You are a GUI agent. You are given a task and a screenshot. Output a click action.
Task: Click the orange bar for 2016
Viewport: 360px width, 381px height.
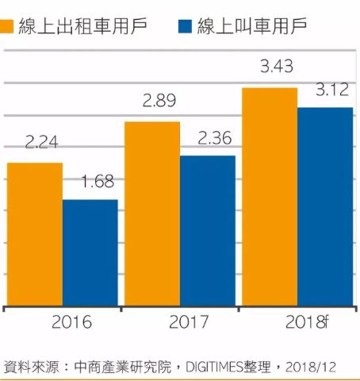[x=35, y=234]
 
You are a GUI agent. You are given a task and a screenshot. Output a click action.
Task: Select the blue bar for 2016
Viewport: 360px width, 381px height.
[x=90, y=253]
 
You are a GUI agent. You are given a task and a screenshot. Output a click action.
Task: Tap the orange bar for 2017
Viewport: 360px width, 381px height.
[x=152, y=214]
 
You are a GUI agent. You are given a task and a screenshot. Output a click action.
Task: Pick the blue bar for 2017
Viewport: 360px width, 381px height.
[x=208, y=231]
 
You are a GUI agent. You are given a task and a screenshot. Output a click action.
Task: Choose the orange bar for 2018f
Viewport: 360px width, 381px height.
[x=270, y=197]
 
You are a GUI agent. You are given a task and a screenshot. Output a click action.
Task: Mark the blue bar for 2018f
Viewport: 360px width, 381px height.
[x=325, y=207]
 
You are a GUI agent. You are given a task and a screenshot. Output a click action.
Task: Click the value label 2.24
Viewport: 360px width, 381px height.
[x=41, y=142]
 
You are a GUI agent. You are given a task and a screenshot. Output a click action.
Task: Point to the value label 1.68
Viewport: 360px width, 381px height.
[x=98, y=182]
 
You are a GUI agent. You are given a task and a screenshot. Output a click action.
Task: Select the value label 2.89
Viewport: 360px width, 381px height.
[x=159, y=101]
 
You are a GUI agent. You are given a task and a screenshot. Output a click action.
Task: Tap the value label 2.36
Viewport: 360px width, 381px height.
[x=215, y=138]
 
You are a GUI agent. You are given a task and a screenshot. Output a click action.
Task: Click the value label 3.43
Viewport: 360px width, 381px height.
[x=277, y=66]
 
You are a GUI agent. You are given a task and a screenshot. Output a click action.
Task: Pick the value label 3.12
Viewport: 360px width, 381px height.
[x=332, y=90]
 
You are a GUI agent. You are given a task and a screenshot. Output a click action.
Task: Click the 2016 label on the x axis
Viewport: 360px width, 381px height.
[x=71, y=322]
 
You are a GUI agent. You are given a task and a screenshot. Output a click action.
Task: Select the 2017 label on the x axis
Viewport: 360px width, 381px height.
[x=189, y=322]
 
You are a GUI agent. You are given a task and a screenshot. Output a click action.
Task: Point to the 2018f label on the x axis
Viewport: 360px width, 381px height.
[x=307, y=322]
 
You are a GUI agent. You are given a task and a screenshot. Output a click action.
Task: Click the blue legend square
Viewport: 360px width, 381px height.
[x=185, y=26]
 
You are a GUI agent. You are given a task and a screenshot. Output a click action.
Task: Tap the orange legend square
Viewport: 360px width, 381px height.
[x=6, y=26]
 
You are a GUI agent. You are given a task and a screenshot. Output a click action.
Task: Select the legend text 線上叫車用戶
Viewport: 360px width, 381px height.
[x=252, y=26]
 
